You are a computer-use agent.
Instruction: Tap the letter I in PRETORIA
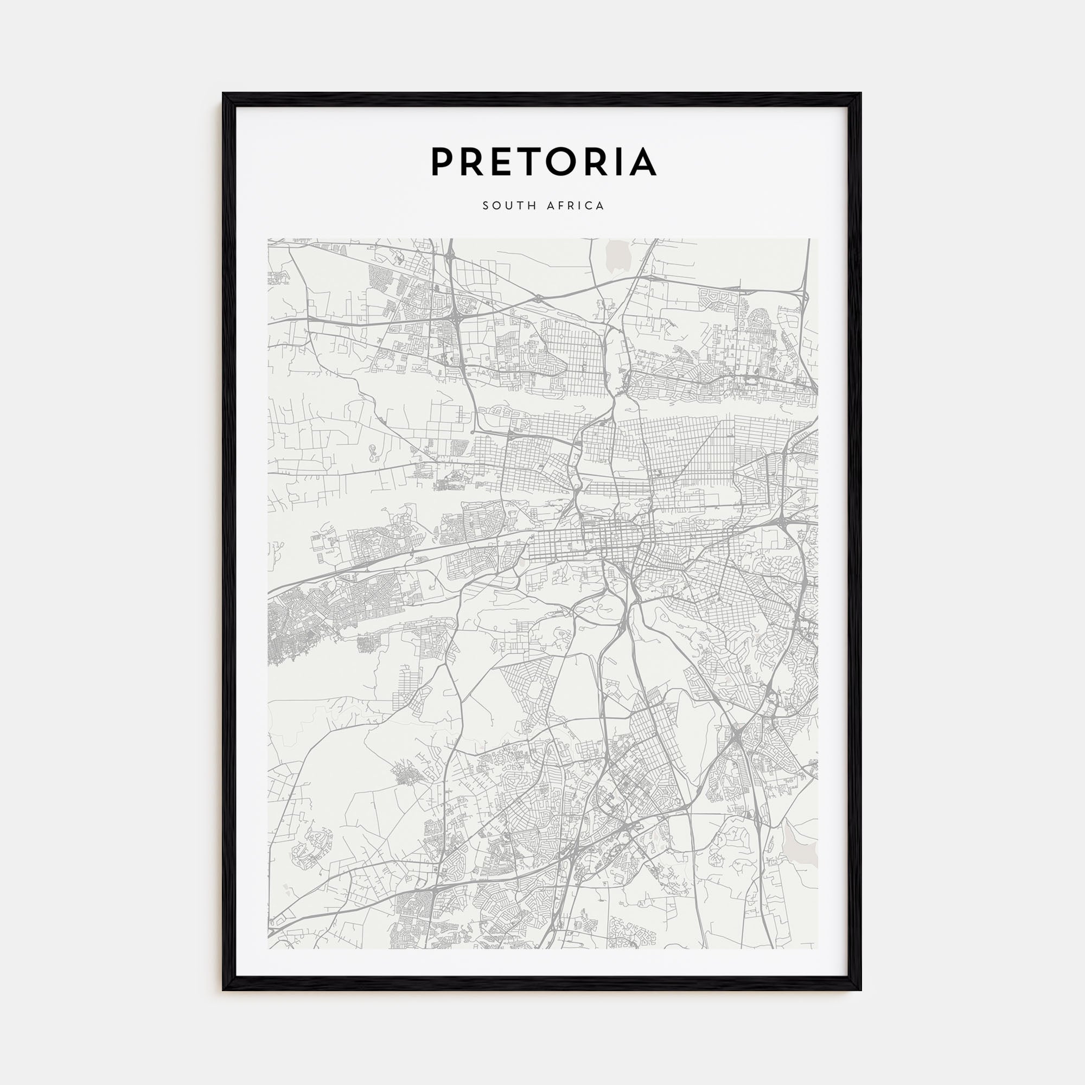(621, 162)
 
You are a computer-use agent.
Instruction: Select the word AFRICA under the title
(576, 206)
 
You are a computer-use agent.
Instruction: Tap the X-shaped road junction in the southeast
(737, 734)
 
